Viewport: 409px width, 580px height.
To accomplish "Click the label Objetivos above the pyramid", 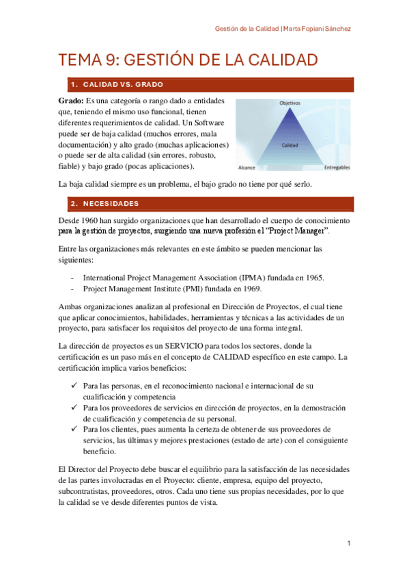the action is pos(289,103).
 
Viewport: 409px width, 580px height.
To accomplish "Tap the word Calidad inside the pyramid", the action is pos(289,145).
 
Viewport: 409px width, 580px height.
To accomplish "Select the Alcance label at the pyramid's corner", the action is pos(246,167).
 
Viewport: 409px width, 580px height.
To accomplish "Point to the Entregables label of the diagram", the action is pos(337,167).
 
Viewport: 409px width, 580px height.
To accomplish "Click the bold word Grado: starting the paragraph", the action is pos(72,101).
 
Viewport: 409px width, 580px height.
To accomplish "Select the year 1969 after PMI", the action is pos(248,289).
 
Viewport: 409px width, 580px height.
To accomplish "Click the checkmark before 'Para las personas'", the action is pos(74,386).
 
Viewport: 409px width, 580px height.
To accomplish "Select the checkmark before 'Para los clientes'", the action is pos(74,430).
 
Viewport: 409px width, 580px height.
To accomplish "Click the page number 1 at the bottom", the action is pos(348,543).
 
